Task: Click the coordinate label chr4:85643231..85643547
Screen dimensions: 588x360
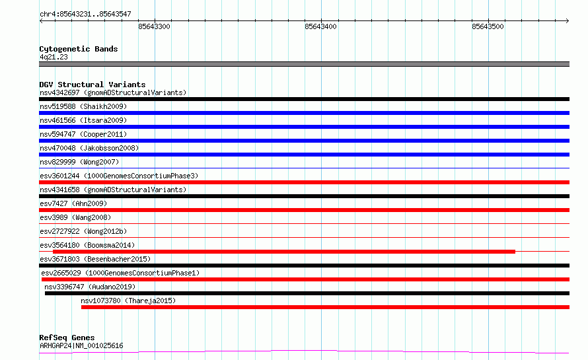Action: point(85,14)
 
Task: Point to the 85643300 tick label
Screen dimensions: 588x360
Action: point(154,26)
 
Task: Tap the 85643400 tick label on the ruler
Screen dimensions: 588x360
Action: point(320,26)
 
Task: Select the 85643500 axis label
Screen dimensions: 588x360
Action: point(488,26)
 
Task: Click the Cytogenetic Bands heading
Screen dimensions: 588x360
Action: point(79,49)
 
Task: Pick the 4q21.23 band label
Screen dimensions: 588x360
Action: point(54,57)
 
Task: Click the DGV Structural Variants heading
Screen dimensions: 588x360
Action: point(92,85)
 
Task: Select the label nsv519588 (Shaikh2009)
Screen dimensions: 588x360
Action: point(83,106)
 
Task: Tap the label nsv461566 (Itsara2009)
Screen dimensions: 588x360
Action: point(83,120)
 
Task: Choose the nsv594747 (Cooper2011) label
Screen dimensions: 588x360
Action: point(83,134)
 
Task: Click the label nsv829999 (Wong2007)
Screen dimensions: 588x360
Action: point(79,162)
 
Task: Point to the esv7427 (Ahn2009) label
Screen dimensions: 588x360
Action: point(73,203)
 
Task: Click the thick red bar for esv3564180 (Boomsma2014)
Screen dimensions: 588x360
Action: point(284,251)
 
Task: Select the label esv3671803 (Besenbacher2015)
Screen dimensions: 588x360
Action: point(95,259)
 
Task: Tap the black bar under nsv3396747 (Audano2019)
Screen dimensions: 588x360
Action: point(307,293)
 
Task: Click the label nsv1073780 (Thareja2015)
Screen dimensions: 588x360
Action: point(128,301)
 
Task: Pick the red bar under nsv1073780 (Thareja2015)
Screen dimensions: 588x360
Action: point(325,307)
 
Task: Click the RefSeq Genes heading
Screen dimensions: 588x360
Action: point(67,338)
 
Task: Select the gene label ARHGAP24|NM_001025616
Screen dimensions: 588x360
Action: point(81,345)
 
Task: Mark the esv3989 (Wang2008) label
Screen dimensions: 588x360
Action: point(75,217)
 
